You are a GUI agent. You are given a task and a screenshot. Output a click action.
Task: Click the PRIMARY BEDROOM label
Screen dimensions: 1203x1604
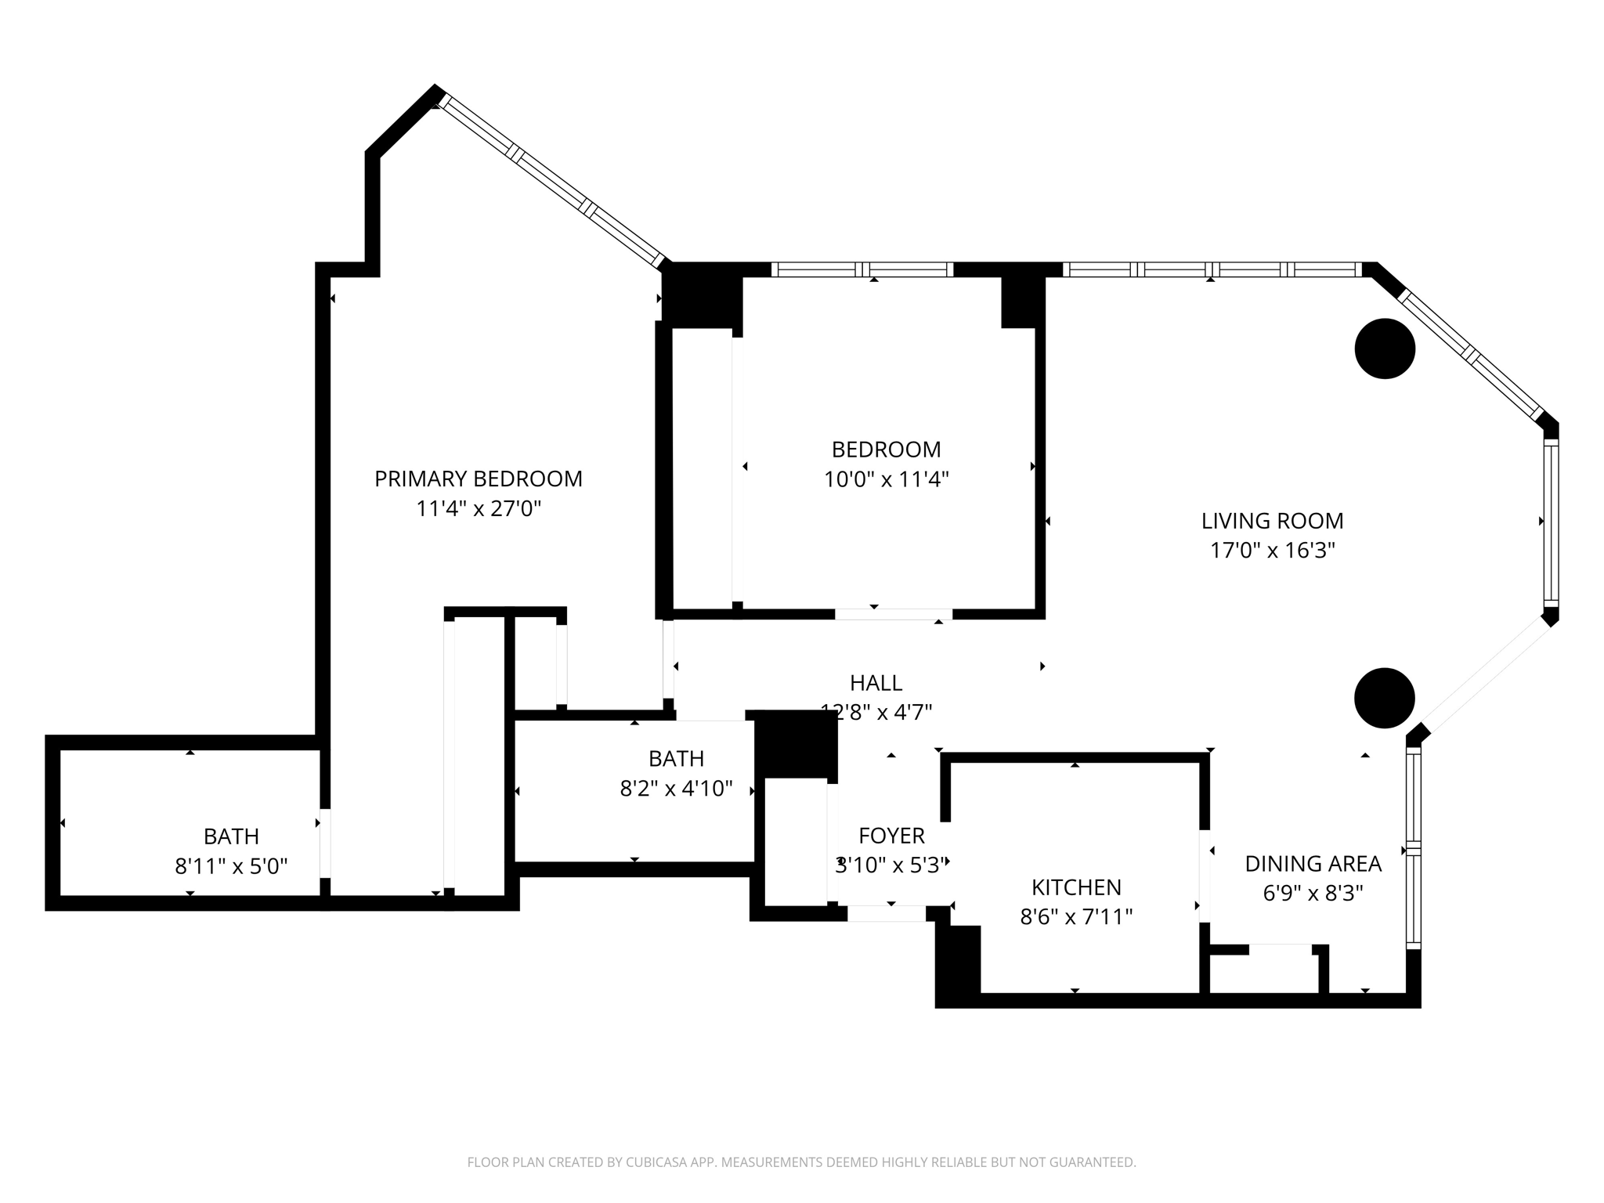tap(478, 479)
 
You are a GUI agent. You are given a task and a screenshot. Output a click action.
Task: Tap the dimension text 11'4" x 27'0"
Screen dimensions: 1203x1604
tap(478, 509)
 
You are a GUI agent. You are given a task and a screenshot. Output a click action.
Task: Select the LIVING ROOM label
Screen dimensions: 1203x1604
tap(1272, 521)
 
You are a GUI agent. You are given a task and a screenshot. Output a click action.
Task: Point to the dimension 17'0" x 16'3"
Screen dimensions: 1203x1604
tap(1272, 551)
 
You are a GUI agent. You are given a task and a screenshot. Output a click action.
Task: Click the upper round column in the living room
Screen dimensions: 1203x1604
tap(1384, 349)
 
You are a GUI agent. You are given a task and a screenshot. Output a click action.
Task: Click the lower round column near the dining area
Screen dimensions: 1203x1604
tap(1384, 698)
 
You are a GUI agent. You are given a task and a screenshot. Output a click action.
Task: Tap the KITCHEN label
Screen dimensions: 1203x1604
tap(1076, 887)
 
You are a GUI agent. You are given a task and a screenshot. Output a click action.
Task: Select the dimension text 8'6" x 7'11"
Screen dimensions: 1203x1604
tap(1076, 916)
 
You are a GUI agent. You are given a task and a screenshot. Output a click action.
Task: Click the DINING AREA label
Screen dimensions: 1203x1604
tap(1313, 864)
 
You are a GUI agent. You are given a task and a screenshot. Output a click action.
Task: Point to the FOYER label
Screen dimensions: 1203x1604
tap(891, 836)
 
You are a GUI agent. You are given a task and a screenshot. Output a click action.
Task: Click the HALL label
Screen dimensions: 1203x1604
tap(876, 683)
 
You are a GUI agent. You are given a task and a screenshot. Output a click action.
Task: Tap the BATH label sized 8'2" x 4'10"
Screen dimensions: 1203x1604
tap(676, 758)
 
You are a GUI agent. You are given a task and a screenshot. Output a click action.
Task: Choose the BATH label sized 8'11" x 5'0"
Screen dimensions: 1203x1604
tap(231, 836)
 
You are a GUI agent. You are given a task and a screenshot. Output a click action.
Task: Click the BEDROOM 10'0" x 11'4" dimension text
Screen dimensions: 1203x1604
tap(886, 479)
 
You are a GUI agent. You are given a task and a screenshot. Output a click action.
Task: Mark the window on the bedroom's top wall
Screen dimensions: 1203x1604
tap(862, 269)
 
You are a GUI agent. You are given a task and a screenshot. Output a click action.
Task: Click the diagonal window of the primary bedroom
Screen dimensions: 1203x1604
tap(552, 181)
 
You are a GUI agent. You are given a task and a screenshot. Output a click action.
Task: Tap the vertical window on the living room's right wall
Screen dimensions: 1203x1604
tap(1550, 522)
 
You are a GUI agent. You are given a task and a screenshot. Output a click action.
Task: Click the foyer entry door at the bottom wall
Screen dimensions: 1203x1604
tap(886, 913)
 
